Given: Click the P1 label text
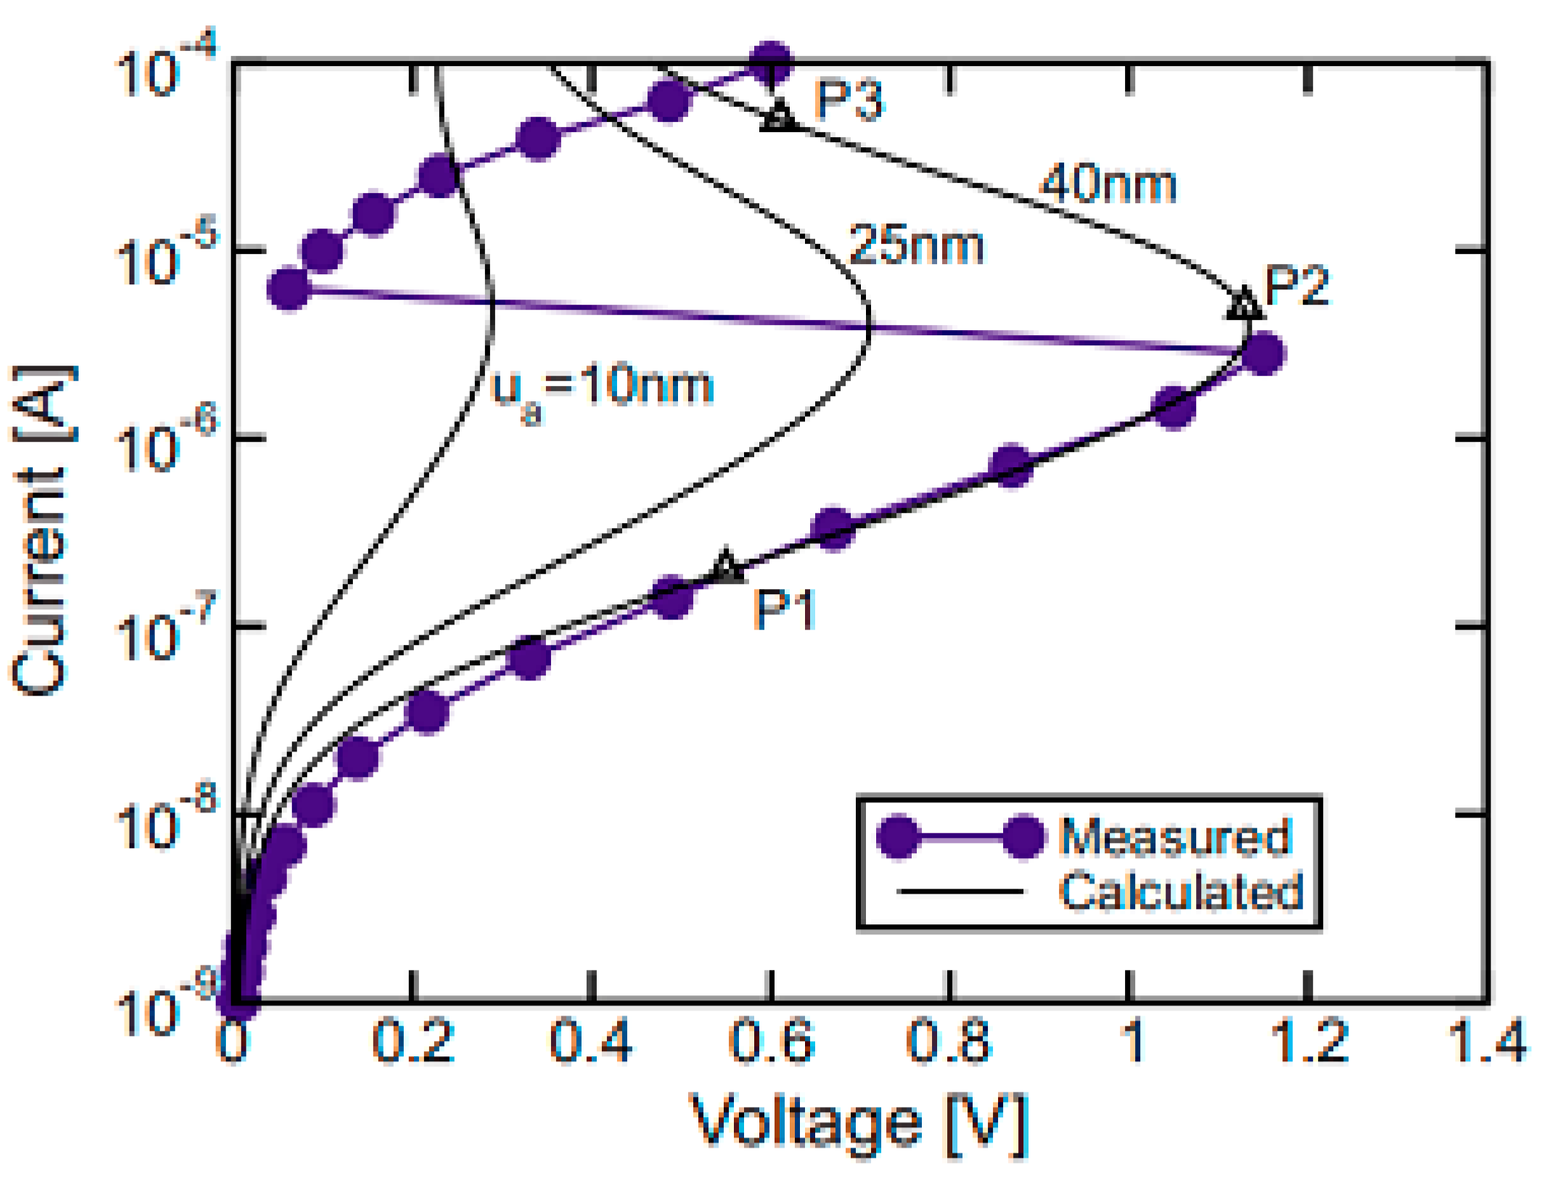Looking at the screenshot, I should point(785,609).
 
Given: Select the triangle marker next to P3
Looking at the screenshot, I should point(779,115).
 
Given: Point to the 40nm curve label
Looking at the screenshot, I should point(1108,184).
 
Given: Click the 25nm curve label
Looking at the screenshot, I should point(917,245).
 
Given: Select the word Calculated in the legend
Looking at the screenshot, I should point(1181,891).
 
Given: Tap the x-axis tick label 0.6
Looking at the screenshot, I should point(771,1041).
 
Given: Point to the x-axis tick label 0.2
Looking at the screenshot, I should point(413,1041).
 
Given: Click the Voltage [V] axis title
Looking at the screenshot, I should point(859,1123).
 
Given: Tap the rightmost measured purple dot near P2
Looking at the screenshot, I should point(1262,353).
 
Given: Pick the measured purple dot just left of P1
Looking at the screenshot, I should point(673,597).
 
